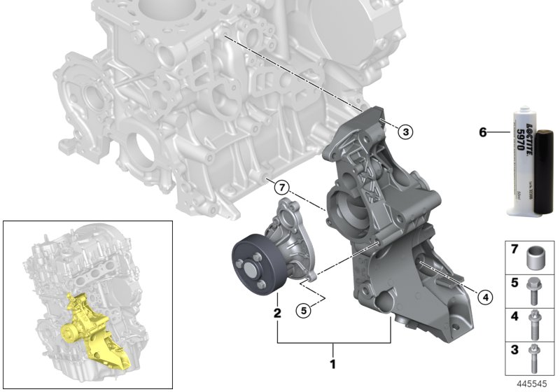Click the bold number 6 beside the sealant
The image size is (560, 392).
(482, 131)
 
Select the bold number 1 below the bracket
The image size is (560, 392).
(333, 364)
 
